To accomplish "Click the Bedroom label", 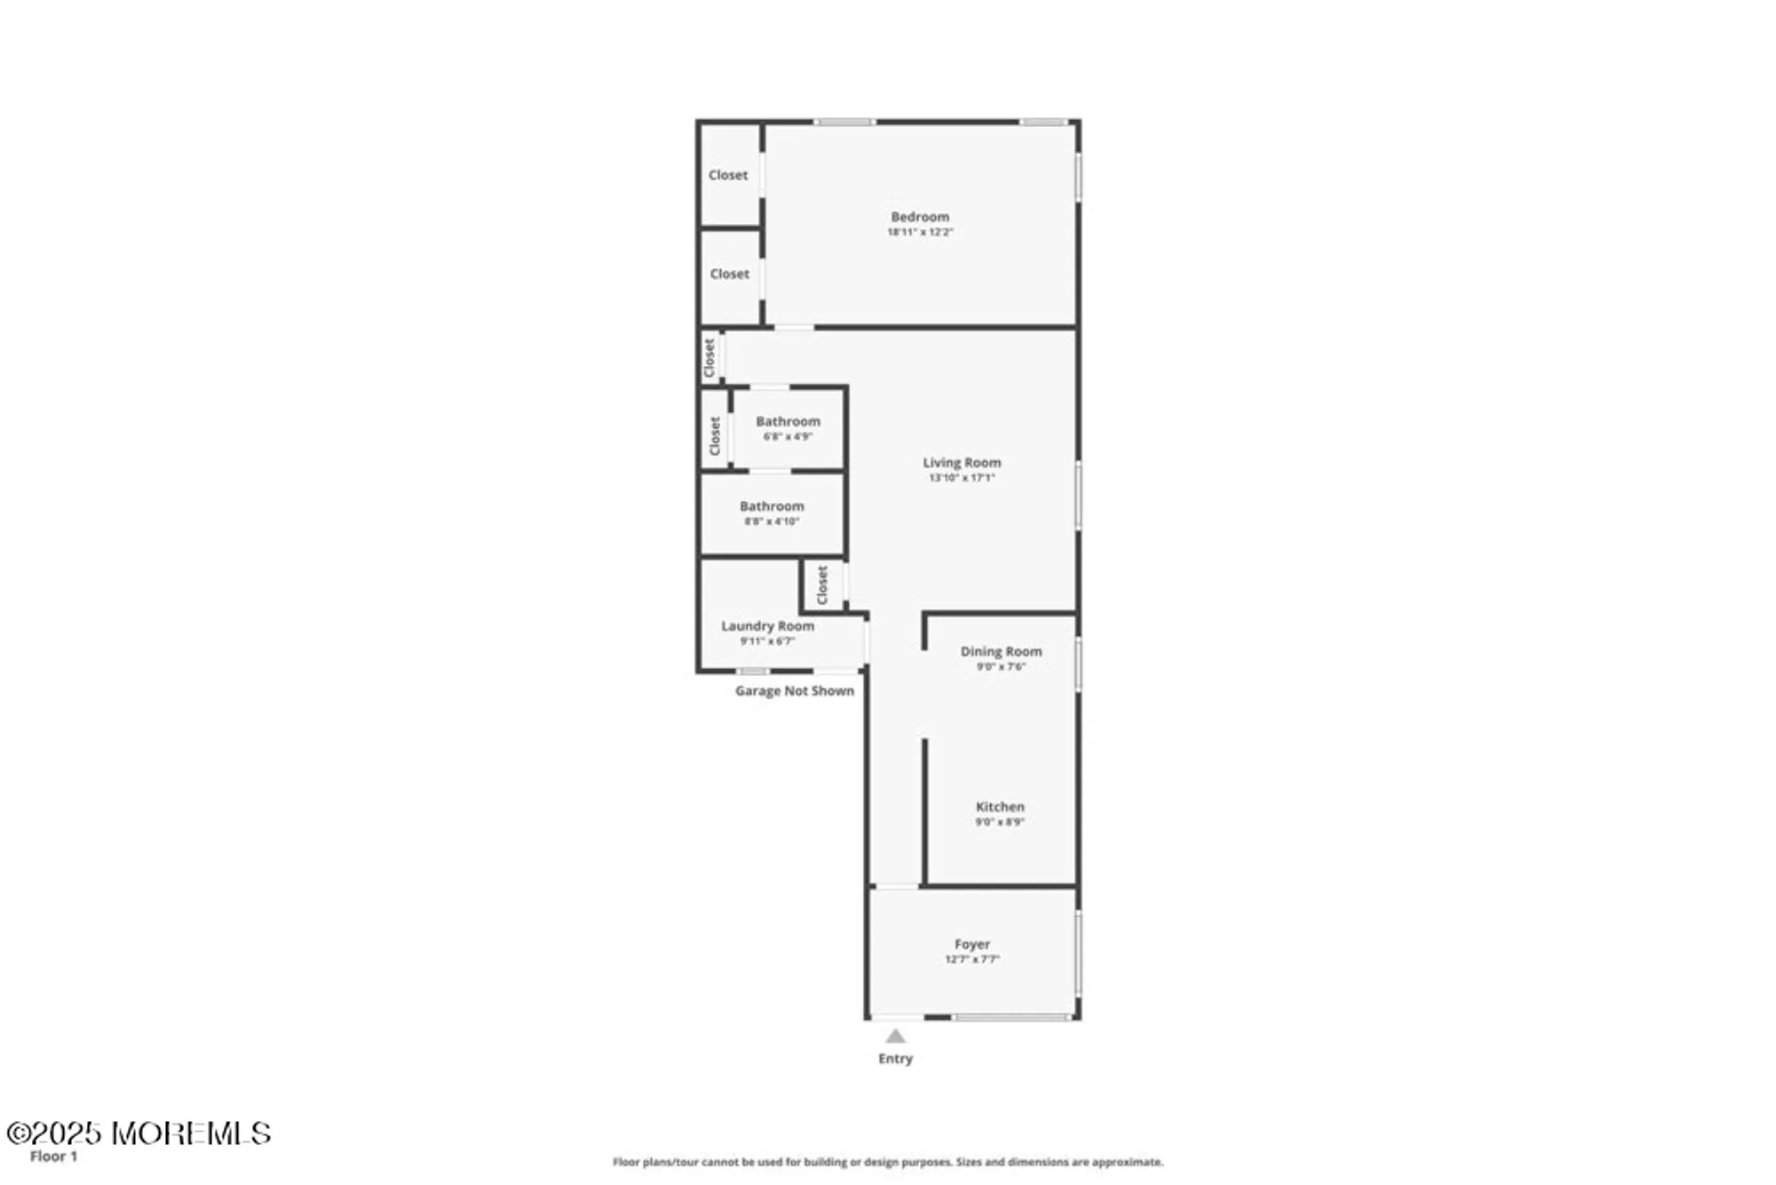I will [920, 217].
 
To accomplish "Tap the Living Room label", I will [962, 463].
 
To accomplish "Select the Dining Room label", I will [1001, 652].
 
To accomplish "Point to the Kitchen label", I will [1000, 807].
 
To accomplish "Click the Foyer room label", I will [972, 944].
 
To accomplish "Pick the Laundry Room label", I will [767, 626].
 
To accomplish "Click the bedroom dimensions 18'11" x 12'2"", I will [920, 233].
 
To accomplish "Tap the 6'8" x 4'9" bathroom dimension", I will [788, 437].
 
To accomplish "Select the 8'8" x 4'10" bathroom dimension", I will [772, 521].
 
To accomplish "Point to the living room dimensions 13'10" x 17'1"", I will [962, 478].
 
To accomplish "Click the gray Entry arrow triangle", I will [895, 1036].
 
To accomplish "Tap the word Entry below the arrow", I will [895, 1059].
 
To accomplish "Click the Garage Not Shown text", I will [794, 691].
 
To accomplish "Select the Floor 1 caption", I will [53, 1157].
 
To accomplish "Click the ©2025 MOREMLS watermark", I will [139, 1133].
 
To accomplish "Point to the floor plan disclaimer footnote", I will [887, 1162].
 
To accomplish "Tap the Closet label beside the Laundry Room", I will [822, 585].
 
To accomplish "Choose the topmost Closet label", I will [728, 175].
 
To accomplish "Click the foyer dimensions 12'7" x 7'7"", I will [972, 959].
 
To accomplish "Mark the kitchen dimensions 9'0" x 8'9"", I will [1000, 823].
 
